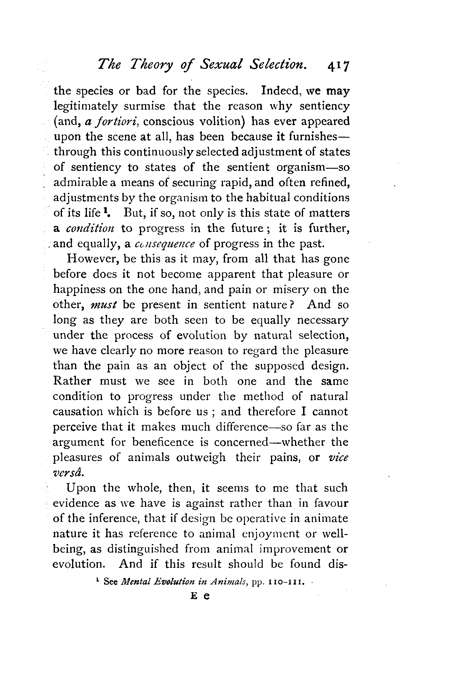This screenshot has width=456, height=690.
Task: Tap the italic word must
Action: point(102,305)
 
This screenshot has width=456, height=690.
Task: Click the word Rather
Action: point(72,381)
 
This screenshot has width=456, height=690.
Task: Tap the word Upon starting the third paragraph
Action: point(81,488)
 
